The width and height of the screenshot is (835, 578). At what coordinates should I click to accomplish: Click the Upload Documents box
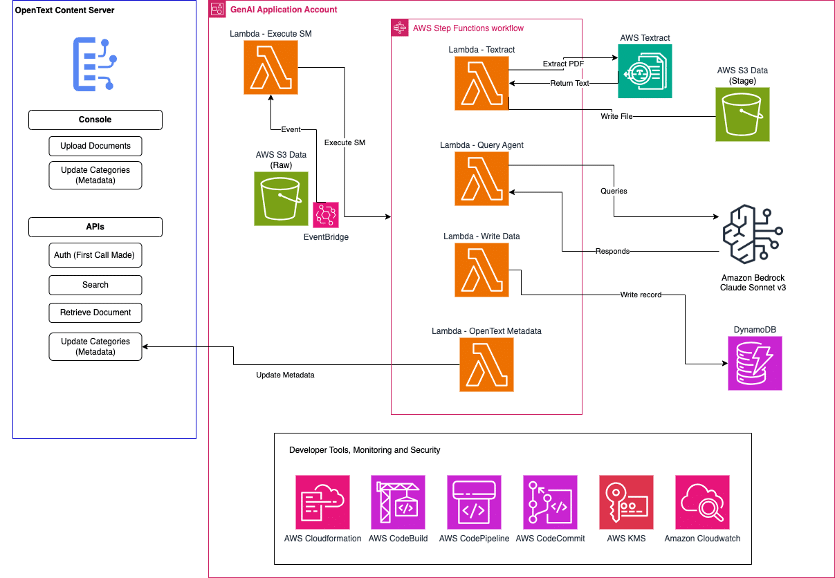pos(95,146)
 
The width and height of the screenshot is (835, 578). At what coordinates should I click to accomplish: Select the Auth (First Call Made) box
pos(95,255)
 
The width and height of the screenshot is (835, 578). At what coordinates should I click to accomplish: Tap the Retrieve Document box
pos(95,313)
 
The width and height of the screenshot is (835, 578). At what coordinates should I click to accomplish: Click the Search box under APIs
pos(95,285)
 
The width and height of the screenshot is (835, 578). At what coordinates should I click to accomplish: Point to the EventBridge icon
pos(326,215)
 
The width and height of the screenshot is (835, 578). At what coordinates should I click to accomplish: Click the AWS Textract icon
pos(645,71)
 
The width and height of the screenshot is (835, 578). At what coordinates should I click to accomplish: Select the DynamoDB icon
pos(755,364)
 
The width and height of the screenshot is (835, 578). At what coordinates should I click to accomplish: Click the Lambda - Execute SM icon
pos(270,67)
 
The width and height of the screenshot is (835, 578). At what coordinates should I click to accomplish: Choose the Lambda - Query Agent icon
pos(481,178)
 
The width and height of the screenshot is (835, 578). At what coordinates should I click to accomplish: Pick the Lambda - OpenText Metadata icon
pos(487,364)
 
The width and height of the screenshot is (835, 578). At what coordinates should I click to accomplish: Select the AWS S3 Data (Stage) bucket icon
pos(742,115)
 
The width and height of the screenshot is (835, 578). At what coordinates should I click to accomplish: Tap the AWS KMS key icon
pos(626,502)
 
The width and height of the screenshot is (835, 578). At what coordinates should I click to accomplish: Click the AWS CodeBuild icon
pos(398,502)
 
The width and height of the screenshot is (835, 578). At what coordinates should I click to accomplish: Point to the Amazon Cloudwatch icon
pos(702,502)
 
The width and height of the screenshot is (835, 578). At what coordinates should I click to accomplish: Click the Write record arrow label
pos(641,295)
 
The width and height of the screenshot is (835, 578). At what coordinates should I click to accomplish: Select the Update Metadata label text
pos(285,375)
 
